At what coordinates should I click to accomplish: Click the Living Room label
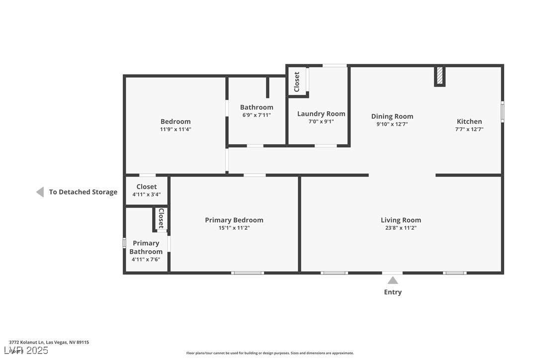pos(401,220)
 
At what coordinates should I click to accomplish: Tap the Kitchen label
pos(469,121)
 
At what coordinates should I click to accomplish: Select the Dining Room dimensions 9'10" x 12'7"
pos(392,125)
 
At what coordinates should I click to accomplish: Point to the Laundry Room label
pos(321,114)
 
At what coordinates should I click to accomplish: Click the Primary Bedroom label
pos(234,220)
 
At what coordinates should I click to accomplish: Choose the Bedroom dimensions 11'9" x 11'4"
pos(175,129)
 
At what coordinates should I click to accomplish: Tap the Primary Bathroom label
pos(146,247)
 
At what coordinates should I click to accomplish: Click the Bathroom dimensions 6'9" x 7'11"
pos(257,115)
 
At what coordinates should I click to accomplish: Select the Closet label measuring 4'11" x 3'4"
pos(146,187)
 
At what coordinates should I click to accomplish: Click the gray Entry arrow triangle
pos(392,280)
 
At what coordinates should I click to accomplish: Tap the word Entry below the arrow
pos(392,292)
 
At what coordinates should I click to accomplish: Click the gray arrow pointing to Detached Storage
pos(40,192)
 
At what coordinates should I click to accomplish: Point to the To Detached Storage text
pos(83,192)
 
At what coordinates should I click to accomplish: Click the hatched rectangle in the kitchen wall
pos(440,76)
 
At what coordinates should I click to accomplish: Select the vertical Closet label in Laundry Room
pos(297,82)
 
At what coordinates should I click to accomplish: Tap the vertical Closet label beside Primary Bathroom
pos(161,218)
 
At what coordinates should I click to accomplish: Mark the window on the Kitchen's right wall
pos(502,112)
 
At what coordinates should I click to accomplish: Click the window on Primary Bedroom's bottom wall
pos(248,272)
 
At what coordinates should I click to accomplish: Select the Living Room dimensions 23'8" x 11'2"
pos(401,228)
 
